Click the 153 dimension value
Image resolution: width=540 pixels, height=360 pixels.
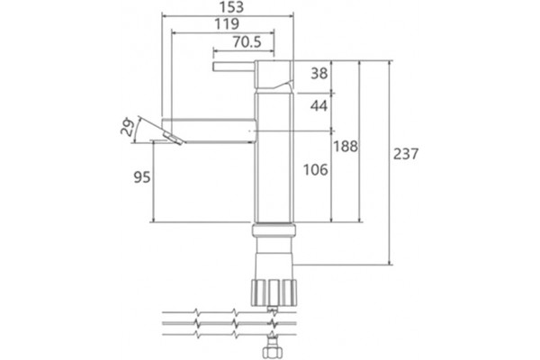[x=232, y=7]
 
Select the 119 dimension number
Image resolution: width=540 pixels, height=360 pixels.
[x=227, y=24]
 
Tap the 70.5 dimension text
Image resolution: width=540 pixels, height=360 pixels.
[x=247, y=42]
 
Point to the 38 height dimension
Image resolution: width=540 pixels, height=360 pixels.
[x=319, y=74]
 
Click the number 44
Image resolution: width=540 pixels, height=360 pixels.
[x=319, y=106]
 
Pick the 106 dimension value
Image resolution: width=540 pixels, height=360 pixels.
[x=316, y=169]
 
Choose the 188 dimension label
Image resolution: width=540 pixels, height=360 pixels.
[x=346, y=147]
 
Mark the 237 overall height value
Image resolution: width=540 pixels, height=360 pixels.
[x=406, y=154]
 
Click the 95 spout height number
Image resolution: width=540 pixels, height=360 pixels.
[x=142, y=177]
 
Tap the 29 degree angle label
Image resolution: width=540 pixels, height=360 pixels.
[x=127, y=127]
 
